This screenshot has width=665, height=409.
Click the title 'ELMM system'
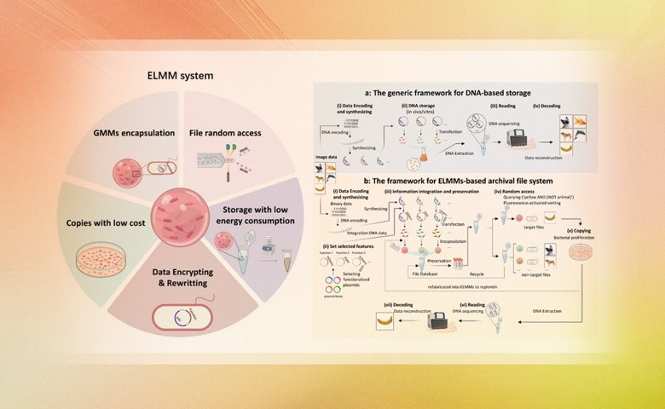coord(179,76)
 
